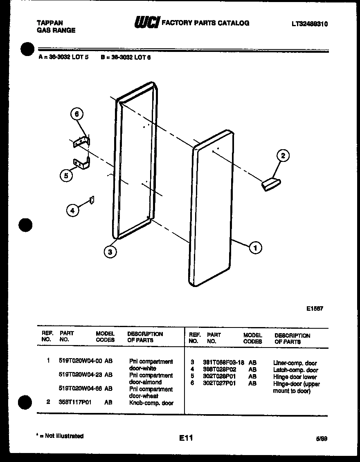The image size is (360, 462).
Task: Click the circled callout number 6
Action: coord(76,115)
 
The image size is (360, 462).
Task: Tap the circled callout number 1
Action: coord(256,247)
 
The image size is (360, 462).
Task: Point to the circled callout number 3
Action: coord(110,252)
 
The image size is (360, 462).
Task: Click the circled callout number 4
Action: coord(72,211)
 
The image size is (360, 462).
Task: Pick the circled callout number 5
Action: coord(65,176)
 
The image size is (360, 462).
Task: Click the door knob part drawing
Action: coord(270,184)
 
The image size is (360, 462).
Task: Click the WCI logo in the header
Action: coord(146,23)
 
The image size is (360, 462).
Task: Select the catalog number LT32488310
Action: coord(309,24)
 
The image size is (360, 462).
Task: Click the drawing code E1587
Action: coord(315,309)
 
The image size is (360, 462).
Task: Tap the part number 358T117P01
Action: coord(75,402)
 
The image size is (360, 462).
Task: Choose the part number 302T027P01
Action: coord(219,384)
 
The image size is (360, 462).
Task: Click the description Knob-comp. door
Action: coord(151,403)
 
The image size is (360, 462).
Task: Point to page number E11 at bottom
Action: coord(186,438)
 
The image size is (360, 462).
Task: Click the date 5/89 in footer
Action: coord(321,438)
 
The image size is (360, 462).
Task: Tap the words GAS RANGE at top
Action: coord(56,30)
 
